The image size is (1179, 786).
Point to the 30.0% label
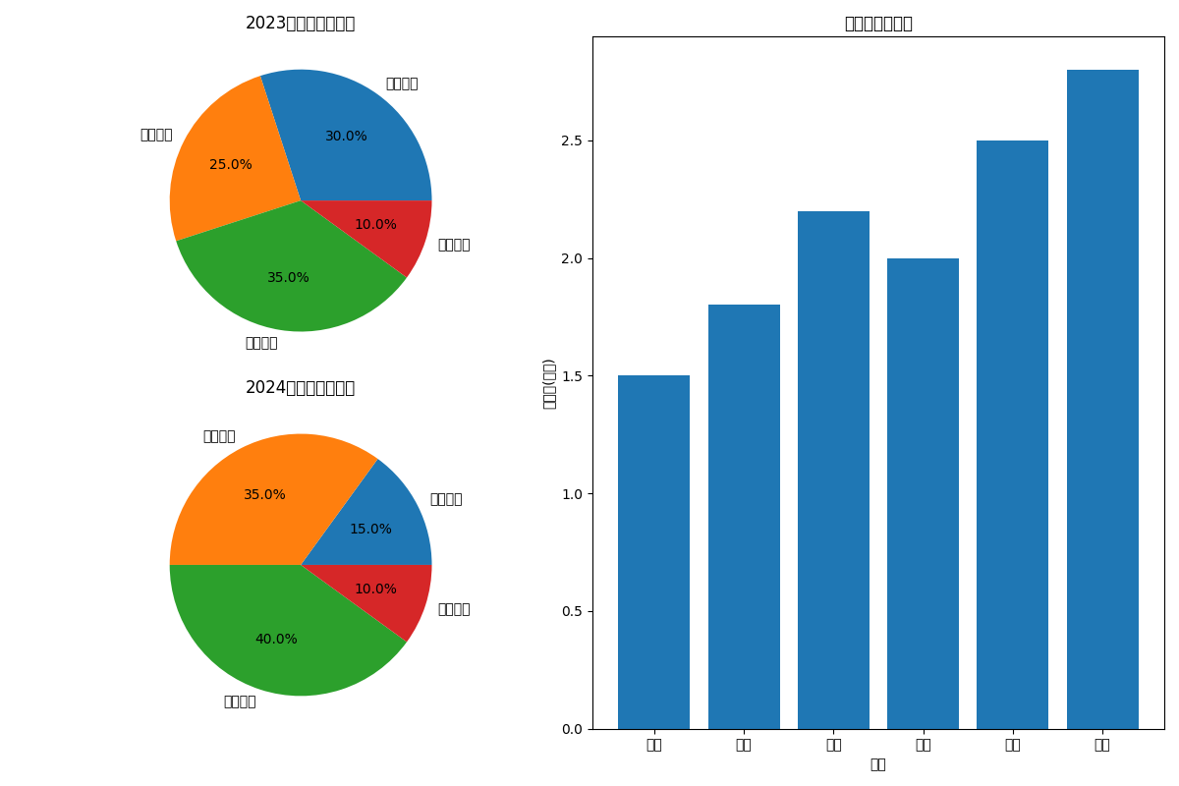346,137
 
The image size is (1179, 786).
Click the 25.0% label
231,165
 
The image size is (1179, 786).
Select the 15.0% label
370,530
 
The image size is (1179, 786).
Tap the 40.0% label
276,640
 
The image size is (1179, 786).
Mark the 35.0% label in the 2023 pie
288,278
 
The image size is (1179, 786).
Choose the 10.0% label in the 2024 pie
375,589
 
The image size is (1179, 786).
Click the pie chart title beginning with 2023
300,24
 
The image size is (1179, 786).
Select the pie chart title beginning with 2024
300,388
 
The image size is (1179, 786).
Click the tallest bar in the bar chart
1102,393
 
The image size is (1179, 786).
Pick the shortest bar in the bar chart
654,550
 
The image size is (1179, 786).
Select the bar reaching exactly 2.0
923,491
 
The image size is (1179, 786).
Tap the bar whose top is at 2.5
1012,432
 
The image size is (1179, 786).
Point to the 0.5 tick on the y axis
573,611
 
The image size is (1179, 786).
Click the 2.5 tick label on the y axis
573,140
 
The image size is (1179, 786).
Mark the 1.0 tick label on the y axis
573,494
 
